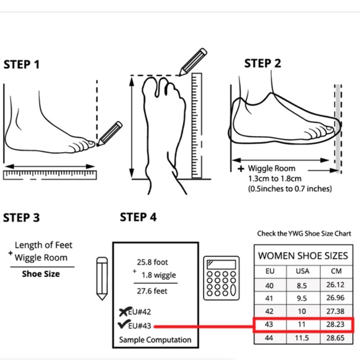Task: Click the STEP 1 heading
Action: pos(21,65)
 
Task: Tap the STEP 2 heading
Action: pos(263,63)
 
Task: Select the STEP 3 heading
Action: pos(21,217)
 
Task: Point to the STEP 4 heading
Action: pos(138,217)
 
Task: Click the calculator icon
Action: pos(222,278)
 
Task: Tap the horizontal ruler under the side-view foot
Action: pos(50,175)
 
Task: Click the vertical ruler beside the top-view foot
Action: pos(197,125)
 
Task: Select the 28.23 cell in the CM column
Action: pos(335,325)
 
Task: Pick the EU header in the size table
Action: pos(270,271)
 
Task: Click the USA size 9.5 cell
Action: pos(302,298)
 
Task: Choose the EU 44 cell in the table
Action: pos(269,338)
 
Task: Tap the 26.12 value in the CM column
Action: pos(335,285)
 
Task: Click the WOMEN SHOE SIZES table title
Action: pos(303,256)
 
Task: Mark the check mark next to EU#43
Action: pos(123,324)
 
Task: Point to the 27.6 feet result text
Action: pos(152,291)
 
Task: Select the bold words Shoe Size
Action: pos(41,274)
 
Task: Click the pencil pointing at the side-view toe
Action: pos(109,133)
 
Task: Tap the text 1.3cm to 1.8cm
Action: pos(275,179)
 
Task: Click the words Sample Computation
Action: pos(155,340)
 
